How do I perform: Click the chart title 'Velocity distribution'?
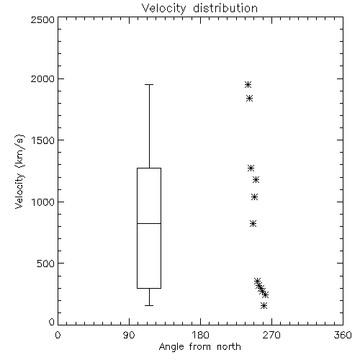pyautogui.click(x=199, y=8)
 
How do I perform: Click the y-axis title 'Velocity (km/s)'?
pyautogui.click(x=19, y=171)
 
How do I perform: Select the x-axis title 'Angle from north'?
pyautogui.click(x=199, y=346)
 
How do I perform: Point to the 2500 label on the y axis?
pyautogui.click(x=42, y=19)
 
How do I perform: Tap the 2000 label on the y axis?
pyautogui.click(x=42, y=78)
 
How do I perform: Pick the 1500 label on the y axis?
pyautogui.click(x=43, y=140)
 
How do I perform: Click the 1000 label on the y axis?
pyautogui.click(x=43, y=202)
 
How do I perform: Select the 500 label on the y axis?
pyautogui.click(x=46, y=264)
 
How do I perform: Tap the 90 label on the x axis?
pyautogui.click(x=129, y=335)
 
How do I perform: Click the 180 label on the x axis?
pyautogui.click(x=200, y=335)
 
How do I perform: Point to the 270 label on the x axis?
pyautogui.click(x=271, y=335)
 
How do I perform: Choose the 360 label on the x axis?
pyautogui.click(x=343, y=335)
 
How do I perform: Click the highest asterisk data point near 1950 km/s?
pyautogui.click(x=248, y=85)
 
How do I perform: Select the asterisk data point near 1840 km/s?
pyautogui.click(x=249, y=99)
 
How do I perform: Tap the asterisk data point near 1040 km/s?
pyautogui.click(x=254, y=197)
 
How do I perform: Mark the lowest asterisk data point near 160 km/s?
pyautogui.click(x=264, y=305)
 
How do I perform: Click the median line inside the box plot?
pyautogui.click(x=149, y=223)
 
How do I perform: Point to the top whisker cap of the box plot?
pyautogui.click(x=149, y=84)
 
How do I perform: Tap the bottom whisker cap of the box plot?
pyautogui.click(x=149, y=305)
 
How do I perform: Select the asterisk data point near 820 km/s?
pyautogui.click(x=253, y=224)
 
